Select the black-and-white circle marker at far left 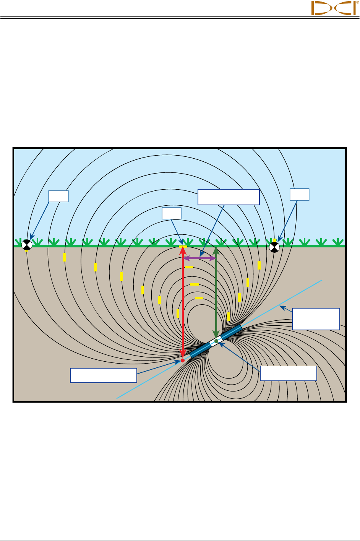(26, 244)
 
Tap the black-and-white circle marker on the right (274, 247)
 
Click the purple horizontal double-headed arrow (199, 258)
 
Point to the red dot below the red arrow (183, 360)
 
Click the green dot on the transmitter (216, 341)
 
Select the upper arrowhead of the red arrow (183, 250)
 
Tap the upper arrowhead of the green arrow (216, 251)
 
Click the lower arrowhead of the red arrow (183, 353)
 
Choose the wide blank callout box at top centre (229, 197)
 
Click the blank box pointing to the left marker (58, 196)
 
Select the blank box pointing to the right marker (299, 194)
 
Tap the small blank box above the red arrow (172, 213)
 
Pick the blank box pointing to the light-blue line (316, 319)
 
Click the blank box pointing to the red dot (104, 375)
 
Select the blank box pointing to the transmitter (288, 373)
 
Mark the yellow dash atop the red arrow (183, 247)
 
